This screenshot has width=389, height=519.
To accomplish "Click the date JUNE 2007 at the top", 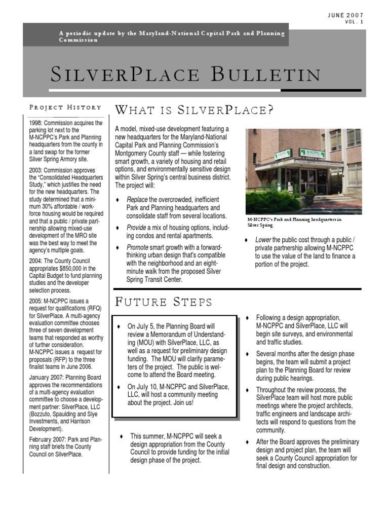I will tap(346, 15).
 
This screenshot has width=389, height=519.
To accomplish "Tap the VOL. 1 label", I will tap(354, 22).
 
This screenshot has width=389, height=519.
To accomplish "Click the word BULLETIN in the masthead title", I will tap(265, 75).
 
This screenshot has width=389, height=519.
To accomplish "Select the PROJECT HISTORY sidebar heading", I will tap(65, 107).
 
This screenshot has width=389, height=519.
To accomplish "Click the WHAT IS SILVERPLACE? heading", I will tap(194, 109).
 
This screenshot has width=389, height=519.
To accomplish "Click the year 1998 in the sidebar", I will tap(36, 123).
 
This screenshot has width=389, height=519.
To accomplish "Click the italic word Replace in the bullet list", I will tap(137, 199).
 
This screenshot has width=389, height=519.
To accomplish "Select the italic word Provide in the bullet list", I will tap(137, 228).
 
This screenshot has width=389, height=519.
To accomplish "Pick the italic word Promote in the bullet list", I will tap(138, 247).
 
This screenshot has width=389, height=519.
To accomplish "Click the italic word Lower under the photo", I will tap(263, 240).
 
